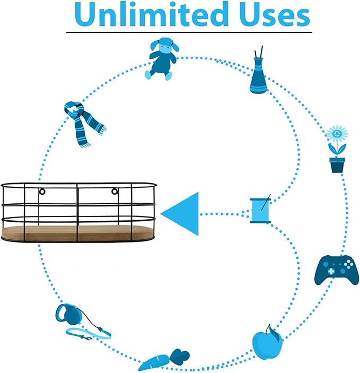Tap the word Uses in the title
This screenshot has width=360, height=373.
(x=275, y=15)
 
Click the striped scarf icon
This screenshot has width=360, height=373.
(x=84, y=124)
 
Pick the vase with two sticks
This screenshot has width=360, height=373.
(x=258, y=72)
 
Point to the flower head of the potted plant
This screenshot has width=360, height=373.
(x=337, y=134)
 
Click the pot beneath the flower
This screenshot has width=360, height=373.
(x=337, y=165)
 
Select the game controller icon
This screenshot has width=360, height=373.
(x=337, y=270)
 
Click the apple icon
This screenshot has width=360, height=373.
(x=268, y=344)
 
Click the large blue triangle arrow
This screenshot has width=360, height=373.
(x=180, y=214)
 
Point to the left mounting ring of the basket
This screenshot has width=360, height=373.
(x=42, y=191)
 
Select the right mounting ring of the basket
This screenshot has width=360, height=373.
(x=115, y=191)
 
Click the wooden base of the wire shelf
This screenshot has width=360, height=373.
(x=78, y=232)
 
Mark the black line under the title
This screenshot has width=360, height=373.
(x=189, y=32)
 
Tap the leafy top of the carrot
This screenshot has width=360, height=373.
(x=180, y=357)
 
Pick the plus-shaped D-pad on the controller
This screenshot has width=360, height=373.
(x=331, y=271)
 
